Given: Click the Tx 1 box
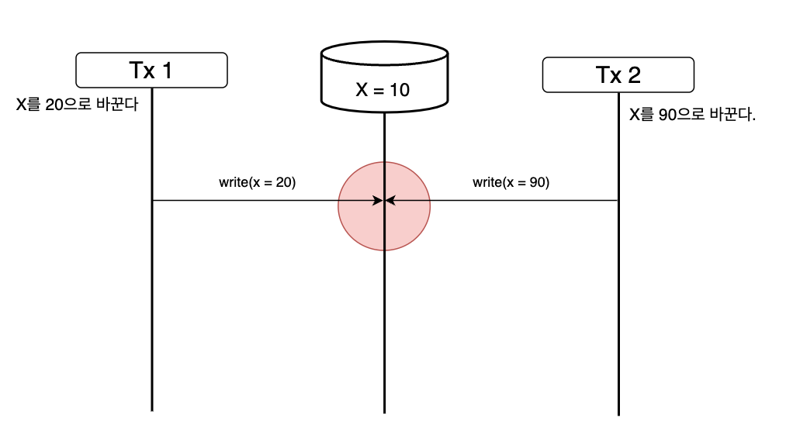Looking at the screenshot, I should click(x=151, y=71).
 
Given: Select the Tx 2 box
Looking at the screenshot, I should click(x=618, y=75).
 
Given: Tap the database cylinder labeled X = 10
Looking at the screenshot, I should click(x=383, y=78).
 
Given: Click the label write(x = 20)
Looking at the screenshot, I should click(x=258, y=183).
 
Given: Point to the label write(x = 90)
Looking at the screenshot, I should click(x=511, y=183).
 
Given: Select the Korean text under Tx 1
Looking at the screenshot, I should click(x=77, y=104).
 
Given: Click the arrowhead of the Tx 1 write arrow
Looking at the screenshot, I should click(x=379, y=201).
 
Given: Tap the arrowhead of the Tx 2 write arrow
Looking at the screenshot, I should click(x=390, y=201).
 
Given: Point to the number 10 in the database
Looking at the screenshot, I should click(x=400, y=90).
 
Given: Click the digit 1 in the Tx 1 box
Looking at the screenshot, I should click(x=166, y=71).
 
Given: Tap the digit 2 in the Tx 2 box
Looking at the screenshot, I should click(x=633, y=75).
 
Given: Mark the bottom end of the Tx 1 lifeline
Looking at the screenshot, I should click(x=151, y=409).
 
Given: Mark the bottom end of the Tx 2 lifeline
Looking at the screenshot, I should click(x=618, y=415).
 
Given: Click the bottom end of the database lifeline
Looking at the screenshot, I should click(x=384, y=412).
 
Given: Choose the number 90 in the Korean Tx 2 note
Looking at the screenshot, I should click(x=667, y=115).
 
